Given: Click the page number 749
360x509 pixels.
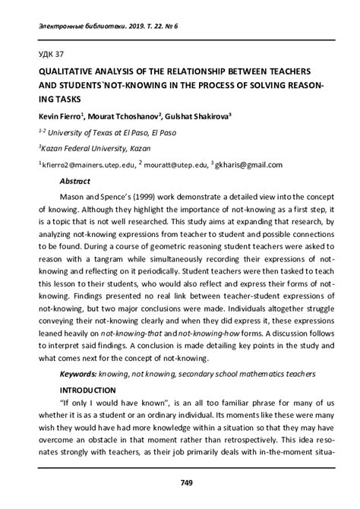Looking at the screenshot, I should tap(186, 482).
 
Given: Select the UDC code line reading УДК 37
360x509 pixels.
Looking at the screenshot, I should tap(43, 52).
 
